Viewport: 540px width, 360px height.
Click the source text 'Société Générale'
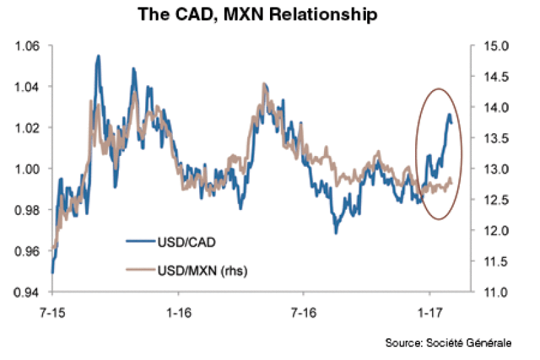tap(466, 343)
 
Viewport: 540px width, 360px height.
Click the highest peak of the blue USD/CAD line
tap(99, 56)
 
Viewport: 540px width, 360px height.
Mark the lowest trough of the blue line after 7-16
tap(336, 232)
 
